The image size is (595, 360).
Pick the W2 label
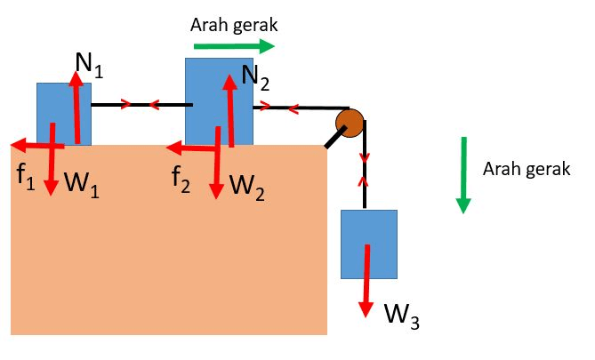(245, 186)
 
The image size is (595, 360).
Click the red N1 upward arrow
(77, 107)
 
